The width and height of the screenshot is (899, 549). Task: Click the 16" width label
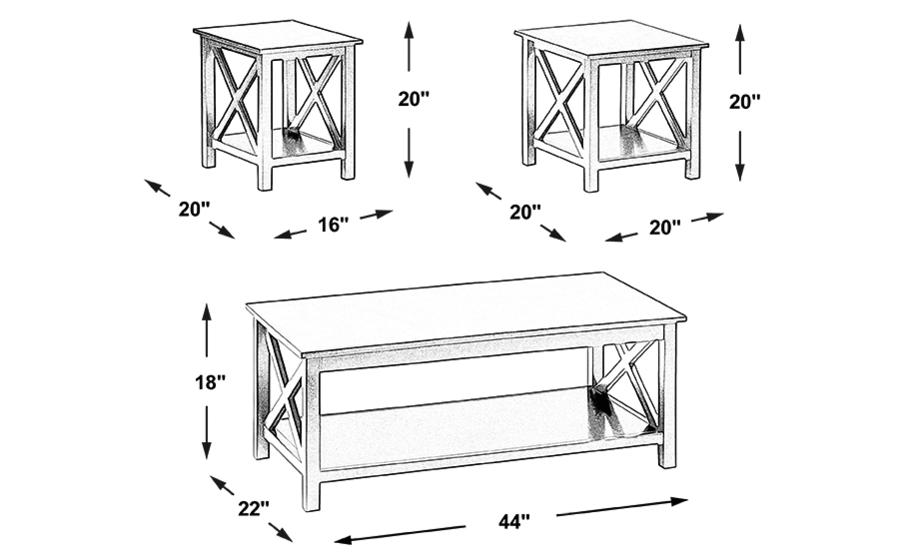click(x=333, y=225)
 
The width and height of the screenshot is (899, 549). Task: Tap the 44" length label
click(x=514, y=521)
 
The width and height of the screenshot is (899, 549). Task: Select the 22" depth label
click(x=253, y=508)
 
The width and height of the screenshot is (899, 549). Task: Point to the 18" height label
click(x=210, y=382)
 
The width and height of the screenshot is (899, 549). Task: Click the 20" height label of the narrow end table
click(x=413, y=98)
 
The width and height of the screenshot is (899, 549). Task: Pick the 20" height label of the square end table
click(x=745, y=101)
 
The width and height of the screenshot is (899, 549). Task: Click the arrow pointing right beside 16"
click(x=376, y=214)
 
